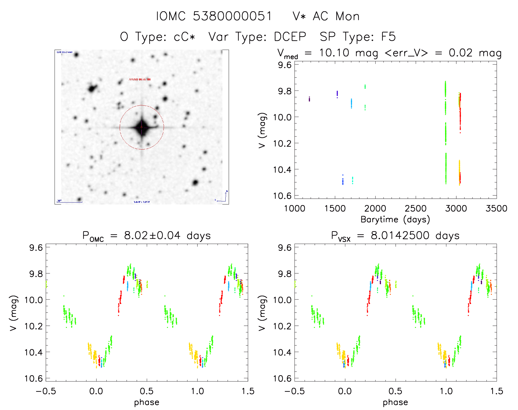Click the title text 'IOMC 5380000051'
214,16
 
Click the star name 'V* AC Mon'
326,16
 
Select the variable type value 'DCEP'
290,37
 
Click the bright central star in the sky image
142,127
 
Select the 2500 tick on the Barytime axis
415,208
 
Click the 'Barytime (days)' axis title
395,219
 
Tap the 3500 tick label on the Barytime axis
496,208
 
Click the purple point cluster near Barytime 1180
309,99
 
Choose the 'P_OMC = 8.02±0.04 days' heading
146,236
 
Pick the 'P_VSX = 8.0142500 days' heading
395,236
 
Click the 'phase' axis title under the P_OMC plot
146,402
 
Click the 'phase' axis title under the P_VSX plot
395,402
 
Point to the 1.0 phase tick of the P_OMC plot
197,391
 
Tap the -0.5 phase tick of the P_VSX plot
295,391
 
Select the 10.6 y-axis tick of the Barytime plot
282,196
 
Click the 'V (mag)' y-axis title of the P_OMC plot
13,313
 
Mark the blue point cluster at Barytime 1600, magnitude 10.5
343,181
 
